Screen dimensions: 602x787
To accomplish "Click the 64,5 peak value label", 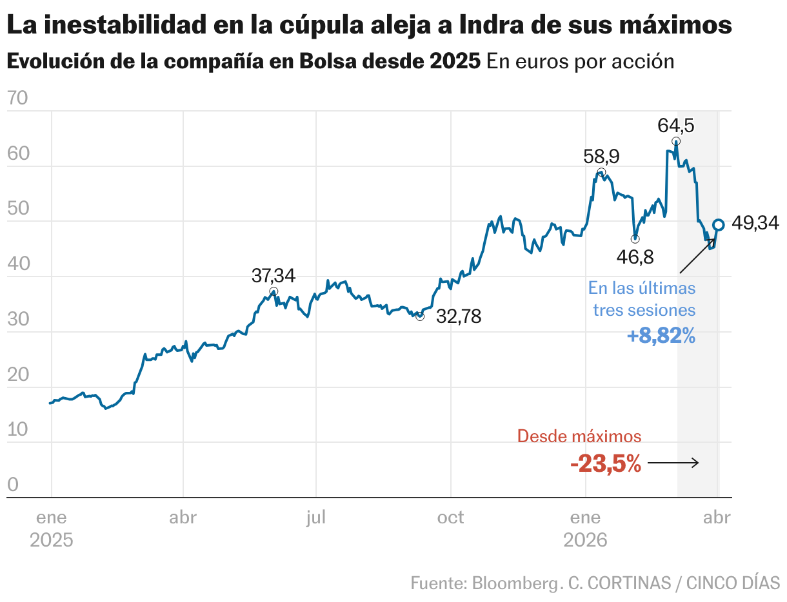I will [x=675, y=125].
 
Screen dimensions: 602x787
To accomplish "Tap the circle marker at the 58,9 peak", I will [x=601, y=173].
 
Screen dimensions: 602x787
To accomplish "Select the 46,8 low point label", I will [x=635, y=257].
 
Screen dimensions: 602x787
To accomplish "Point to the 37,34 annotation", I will [x=274, y=276].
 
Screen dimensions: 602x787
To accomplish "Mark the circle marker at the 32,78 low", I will [x=420, y=316].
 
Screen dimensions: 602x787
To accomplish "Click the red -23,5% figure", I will [x=605, y=463].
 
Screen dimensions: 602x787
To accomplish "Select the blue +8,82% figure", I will [x=661, y=336].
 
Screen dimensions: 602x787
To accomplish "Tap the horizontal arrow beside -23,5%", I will [x=673, y=463].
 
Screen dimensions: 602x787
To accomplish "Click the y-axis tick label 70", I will [x=17, y=99].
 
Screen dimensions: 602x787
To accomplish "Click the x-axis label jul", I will [x=316, y=518].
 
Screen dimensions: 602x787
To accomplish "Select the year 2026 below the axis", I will [x=585, y=540].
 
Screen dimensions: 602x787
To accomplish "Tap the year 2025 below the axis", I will [x=52, y=540].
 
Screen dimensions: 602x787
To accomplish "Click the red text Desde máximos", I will [x=579, y=436].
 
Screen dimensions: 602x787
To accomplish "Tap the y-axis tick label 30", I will [x=17, y=320].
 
